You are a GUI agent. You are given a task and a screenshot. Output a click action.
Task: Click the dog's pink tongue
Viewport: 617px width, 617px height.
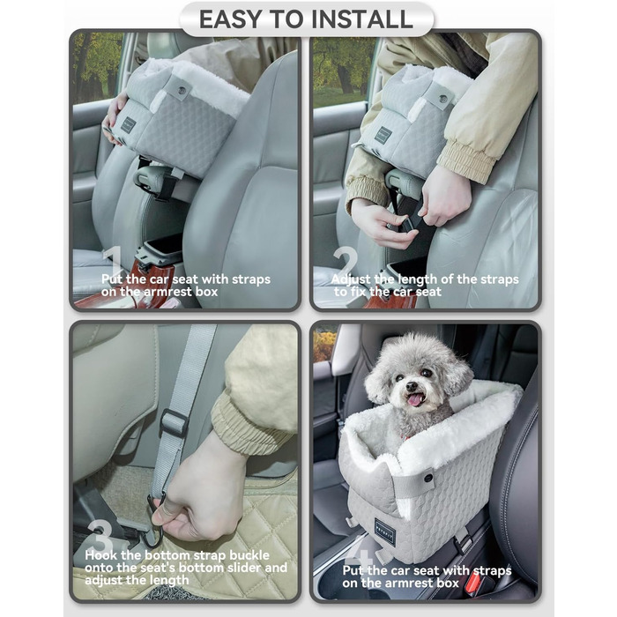(414, 399)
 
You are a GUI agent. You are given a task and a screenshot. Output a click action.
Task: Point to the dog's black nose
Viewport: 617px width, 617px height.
(412, 384)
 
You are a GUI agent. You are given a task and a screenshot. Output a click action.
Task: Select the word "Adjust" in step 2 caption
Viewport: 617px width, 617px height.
(353, 279)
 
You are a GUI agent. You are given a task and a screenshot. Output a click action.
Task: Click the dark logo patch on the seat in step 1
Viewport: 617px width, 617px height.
(128, 124)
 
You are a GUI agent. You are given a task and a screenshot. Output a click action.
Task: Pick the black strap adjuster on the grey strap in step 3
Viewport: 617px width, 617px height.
(174, 422)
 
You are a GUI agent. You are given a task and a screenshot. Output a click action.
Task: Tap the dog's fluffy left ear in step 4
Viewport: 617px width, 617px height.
(379, 379)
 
